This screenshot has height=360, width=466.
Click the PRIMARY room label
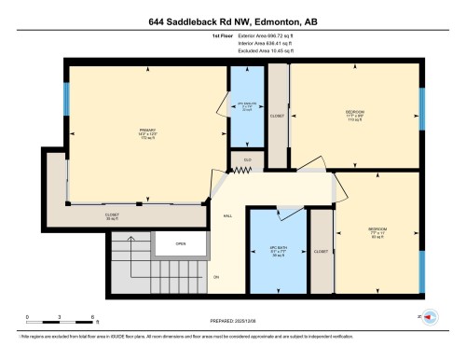(148, 132)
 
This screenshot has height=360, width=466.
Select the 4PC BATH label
(278, 251)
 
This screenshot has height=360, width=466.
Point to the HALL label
(227, 215)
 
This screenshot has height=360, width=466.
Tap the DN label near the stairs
(216, 277)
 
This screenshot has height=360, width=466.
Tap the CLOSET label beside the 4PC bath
(321, 251)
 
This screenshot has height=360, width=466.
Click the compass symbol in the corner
(430, 315)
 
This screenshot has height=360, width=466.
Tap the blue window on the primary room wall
(66, 98)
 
